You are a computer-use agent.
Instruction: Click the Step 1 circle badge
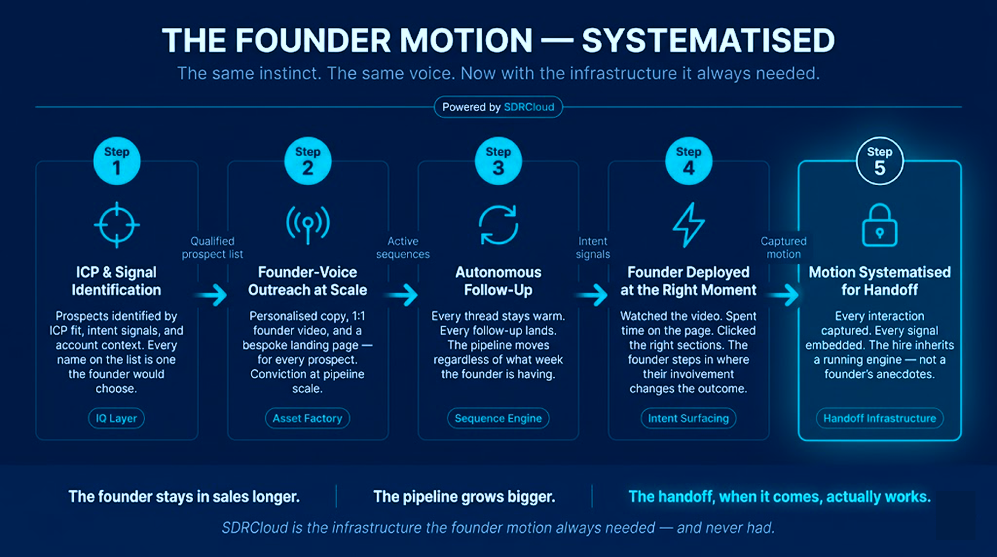pos(117,161)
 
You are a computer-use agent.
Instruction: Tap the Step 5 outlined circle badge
pos(879,161)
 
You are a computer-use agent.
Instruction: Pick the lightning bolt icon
pos(688,225)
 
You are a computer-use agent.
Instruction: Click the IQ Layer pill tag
pos(116,418)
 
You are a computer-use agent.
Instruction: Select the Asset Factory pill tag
pos(307,418)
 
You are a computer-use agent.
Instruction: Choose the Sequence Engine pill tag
pos(498,418)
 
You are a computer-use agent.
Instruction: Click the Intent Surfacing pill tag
pos(688,418)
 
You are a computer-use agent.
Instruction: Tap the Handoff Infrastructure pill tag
pos(880,418)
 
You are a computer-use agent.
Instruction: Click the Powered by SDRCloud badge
pos(498,107)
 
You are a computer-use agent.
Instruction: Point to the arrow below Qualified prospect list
pos(211,294)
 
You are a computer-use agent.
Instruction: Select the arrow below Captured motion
pos(783,294)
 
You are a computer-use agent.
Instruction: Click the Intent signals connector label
pos(593,248)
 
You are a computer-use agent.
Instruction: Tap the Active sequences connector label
pos(403,248)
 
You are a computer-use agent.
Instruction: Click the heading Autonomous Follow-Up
pos(498,281)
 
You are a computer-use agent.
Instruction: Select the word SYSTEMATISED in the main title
pos(708,40)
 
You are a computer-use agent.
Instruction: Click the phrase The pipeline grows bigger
pos(464,496)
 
